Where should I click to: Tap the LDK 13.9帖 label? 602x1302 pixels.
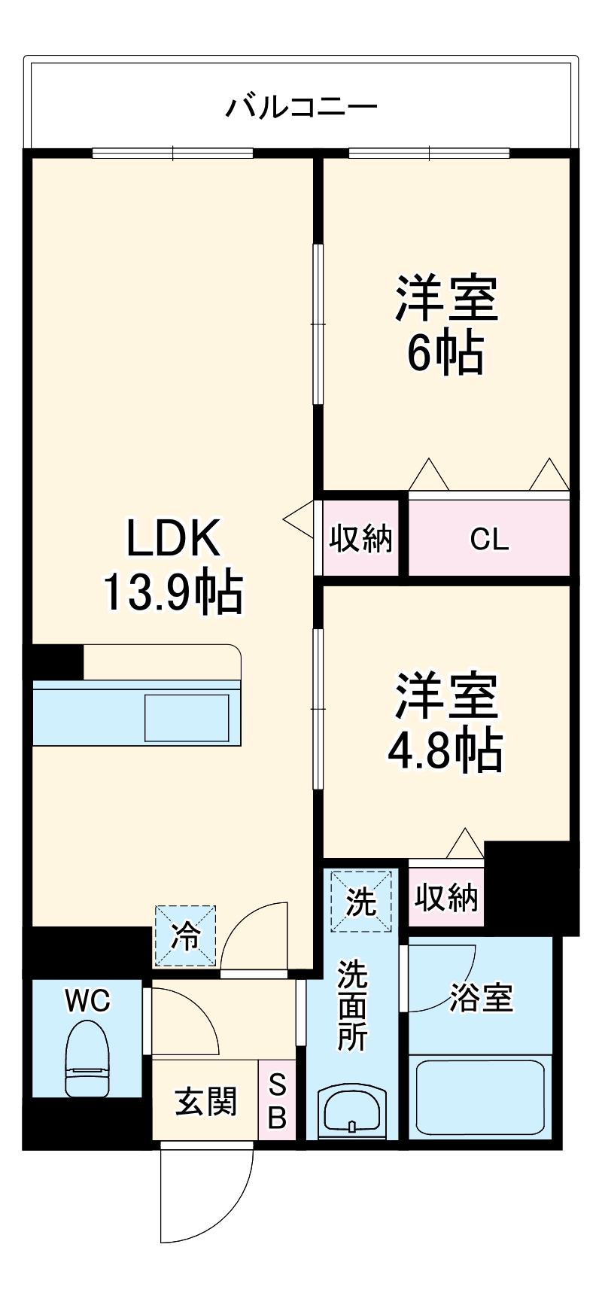173,564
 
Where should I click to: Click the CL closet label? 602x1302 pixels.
489,539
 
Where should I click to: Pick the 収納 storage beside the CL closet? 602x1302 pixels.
361,539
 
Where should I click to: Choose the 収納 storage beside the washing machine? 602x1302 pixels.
446,897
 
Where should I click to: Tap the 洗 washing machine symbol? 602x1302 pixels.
361,901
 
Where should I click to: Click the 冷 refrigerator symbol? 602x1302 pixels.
185,936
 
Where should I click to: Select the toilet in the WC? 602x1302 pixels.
87,1057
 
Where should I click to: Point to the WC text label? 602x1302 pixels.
87,1000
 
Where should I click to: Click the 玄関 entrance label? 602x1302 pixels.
205,1101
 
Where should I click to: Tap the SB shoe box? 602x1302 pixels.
277,1100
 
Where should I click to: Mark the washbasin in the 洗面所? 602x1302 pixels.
351,1112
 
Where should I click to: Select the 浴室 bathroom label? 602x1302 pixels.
482,998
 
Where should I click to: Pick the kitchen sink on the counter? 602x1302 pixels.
186,717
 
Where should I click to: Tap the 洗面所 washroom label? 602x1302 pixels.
351,1005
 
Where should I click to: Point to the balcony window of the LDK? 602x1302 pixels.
172,154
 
